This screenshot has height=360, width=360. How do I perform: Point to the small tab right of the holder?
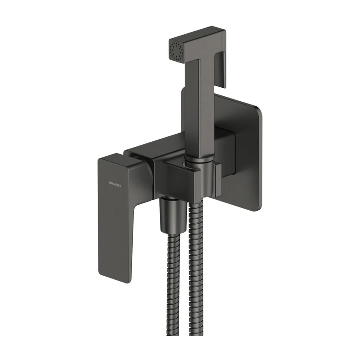[218, 180]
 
